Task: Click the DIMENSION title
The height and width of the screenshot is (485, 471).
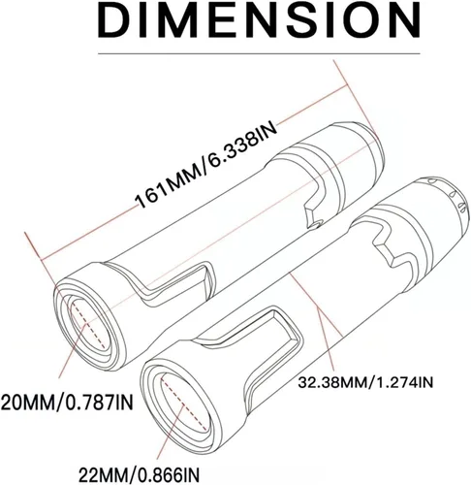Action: [259, 21]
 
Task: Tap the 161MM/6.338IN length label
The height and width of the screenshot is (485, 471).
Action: [206, 165]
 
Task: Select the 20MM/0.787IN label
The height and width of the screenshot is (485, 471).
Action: [67, 403]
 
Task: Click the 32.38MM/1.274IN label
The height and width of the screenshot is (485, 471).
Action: [365, 383]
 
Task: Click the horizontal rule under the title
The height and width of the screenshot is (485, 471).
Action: [259, 53]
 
